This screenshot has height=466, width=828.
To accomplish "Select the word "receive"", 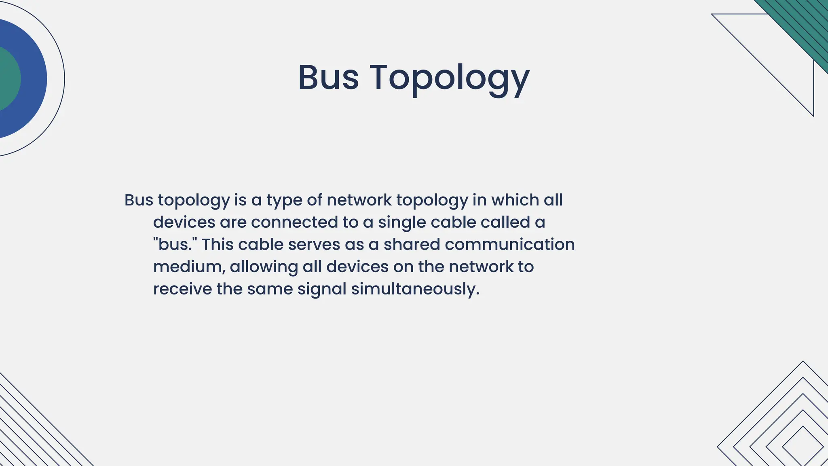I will click(x=182, y=289).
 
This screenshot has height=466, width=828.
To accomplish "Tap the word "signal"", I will click(x=322, y=290).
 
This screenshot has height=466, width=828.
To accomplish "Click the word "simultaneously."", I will click(x=415, y=289).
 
